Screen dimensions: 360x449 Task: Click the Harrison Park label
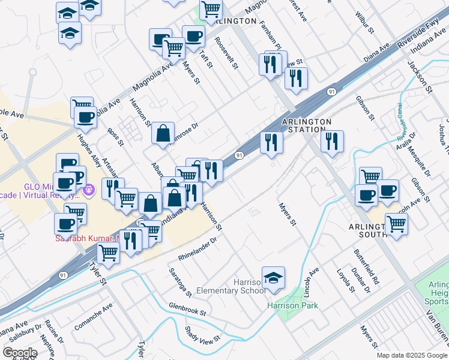click(x=293, y=305)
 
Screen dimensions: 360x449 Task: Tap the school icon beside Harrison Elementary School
click(x=273, y=278)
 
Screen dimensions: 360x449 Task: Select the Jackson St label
click(x=420, y=76)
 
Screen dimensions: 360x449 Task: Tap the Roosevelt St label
click(x=227, y=52)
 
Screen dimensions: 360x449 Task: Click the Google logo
click(x=20, y=352)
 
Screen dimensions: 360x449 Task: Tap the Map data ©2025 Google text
click(x=411, y=355)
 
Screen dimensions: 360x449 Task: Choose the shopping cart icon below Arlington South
click(x=396, y=224)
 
